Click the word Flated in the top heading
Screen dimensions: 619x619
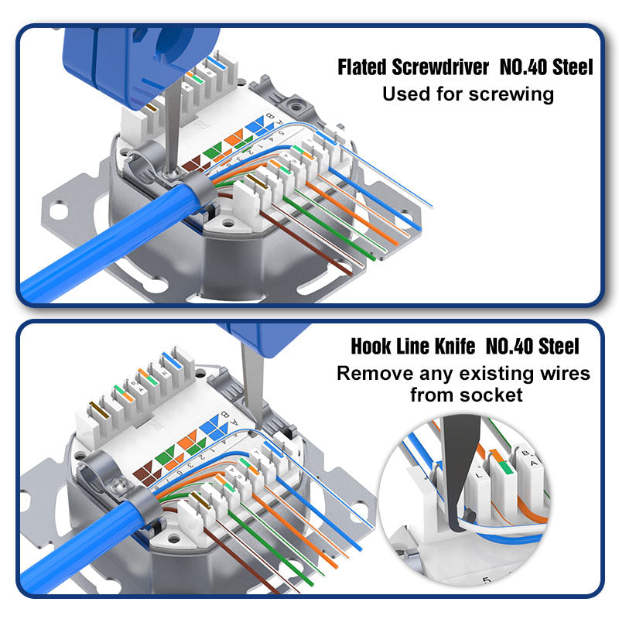click(361, 67)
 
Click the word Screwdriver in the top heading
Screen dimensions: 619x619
click(440, 67)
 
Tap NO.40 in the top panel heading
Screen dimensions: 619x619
click(523, 67)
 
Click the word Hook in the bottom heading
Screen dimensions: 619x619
click(370, 346)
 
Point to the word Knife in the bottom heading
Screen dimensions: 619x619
click(455, 346)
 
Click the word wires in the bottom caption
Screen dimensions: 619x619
click(566, 374)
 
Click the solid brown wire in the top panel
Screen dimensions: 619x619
click(306, 244)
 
